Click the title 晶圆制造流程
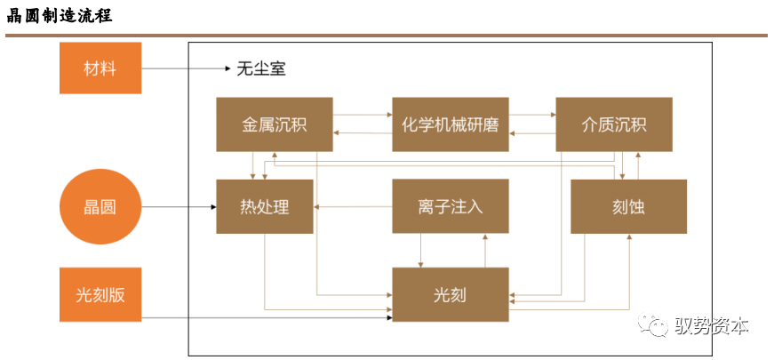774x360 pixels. [x=59, y=17]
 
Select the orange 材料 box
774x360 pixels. [x=100, y=68]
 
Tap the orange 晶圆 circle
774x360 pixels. [x=100, y=208]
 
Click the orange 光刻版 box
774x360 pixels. [x=100, y=294]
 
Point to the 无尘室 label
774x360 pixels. [x=261, y=68]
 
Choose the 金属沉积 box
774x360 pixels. [x=275, y=124]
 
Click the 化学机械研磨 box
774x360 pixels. [x=451, y=124]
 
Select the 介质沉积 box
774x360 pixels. [x=614, y=124]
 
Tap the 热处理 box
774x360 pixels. [x=264, y=207]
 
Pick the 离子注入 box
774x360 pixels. [x=451, y=207]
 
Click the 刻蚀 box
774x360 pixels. [x=628, y=207]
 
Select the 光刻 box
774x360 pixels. [x=451, y=294]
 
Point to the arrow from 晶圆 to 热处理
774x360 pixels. [x=178, y=208]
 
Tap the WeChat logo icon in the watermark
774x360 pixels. [x=658, y=327]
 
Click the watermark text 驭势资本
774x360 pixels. [x=712, y=326]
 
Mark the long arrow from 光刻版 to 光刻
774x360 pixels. [x=267, y=317]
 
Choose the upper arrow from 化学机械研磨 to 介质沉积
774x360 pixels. [x=532, y=115]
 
